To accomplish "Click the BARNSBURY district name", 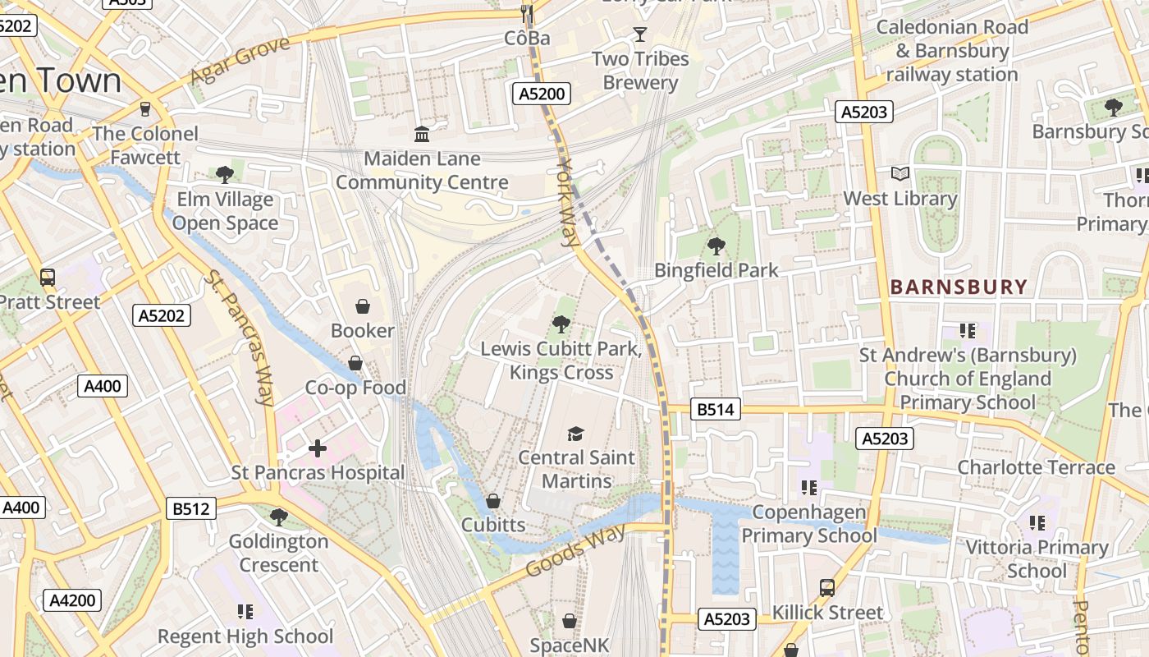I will coord(959,287).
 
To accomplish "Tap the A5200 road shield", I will coord(542,94).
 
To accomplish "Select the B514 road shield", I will coord(715,409).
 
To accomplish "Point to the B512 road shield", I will coord(190,509).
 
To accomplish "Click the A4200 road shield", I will coord(72,600).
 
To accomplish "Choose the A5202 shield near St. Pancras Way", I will coord(162,315).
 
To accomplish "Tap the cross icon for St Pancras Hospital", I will coord(318,448).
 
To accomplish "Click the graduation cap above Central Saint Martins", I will coord(576,434).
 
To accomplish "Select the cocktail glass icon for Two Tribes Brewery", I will coord(640,34).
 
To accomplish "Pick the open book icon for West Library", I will coord(900,174).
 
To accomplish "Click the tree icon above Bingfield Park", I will coord(716,246).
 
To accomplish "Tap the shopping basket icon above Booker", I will coord(362,307).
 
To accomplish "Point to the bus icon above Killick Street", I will coord(827,588).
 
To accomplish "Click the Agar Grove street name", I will coord(240,61).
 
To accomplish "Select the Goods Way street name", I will coord(575,550).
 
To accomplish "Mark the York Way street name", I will coord(567,202).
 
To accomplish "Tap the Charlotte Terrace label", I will coord(1036,467).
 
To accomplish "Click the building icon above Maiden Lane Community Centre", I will coord(422,134).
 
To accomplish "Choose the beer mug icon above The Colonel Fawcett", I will coord(145,109).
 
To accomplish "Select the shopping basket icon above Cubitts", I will coord(493,500).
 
